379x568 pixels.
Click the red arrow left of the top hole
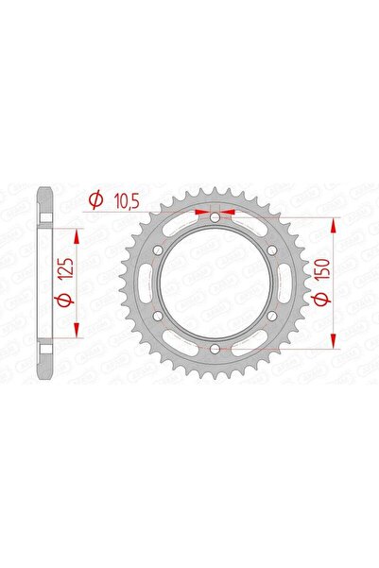[201, 211]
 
